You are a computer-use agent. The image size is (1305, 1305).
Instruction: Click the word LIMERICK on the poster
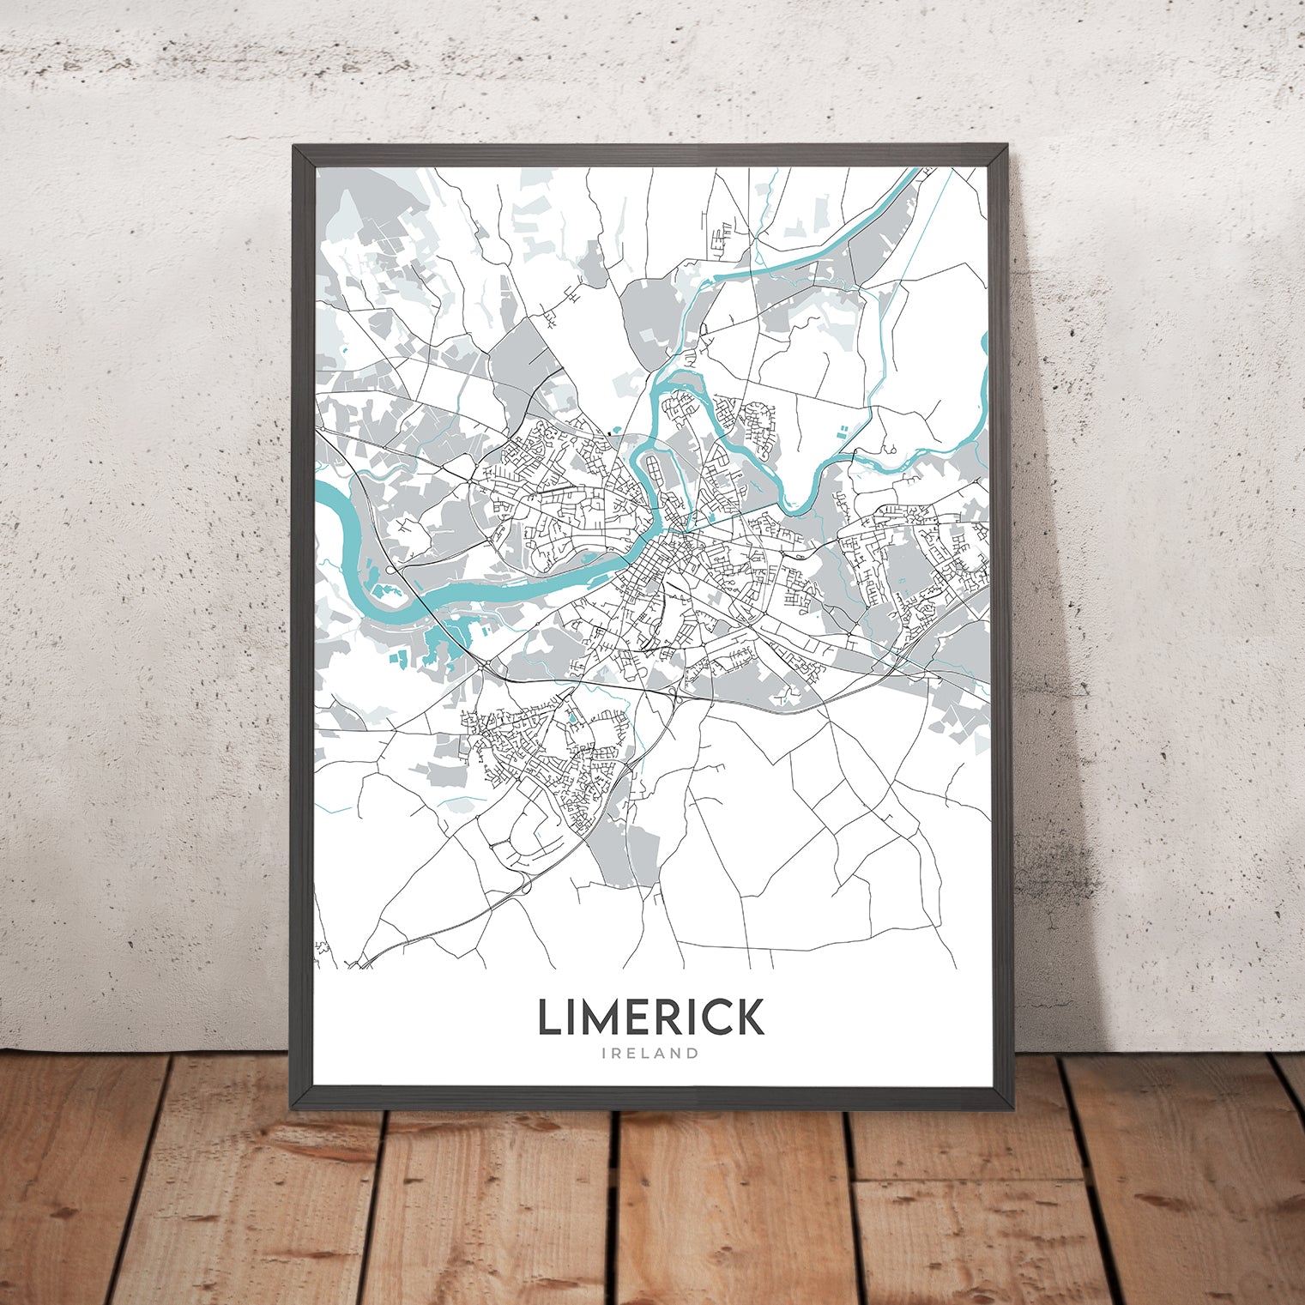click(650, 1018)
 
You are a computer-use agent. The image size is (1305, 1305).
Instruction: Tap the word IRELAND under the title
click(650, 1054)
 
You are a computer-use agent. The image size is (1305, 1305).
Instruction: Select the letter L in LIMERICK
click(549, 1018)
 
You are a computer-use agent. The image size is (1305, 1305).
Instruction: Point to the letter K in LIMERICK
click(750, 1018)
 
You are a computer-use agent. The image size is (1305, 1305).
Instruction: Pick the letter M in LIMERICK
click(605, 1018)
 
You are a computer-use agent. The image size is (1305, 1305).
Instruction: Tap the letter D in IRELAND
click(692, 1054)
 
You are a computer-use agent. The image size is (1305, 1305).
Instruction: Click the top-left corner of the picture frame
click(294, 147)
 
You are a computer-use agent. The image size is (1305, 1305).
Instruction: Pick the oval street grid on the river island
click(655, 472)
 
